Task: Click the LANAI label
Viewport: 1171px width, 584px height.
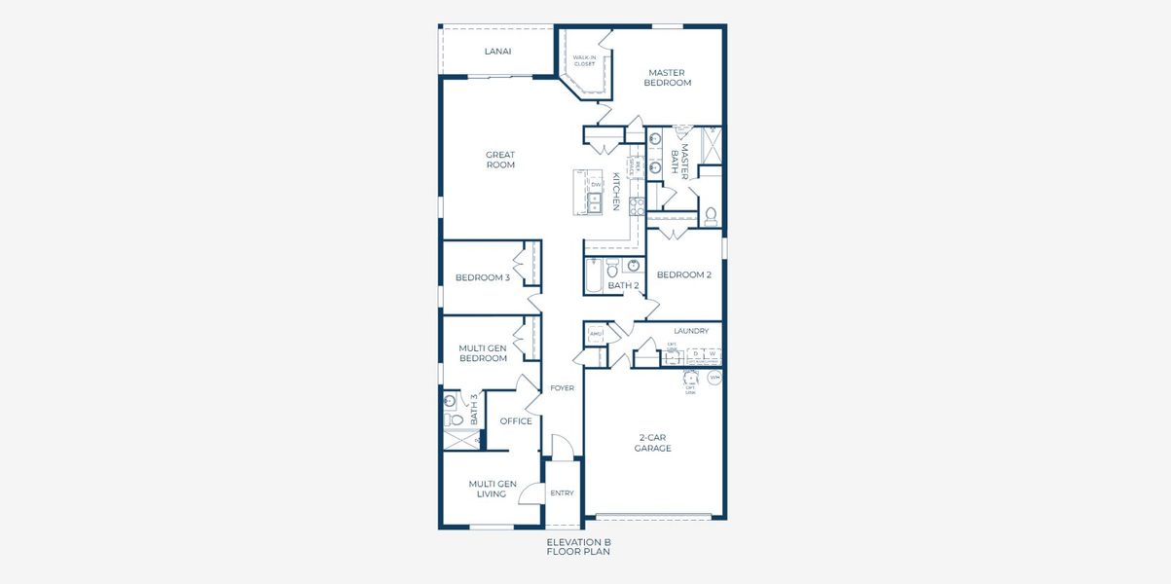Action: coord(497,52)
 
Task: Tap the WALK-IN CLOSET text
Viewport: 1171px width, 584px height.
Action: coord(584,61)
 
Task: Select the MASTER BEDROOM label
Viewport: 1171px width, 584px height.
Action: coord(667,78)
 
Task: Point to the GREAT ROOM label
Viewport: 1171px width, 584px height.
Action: coord(500,160)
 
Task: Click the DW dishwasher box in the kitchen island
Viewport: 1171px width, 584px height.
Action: coord(595,184)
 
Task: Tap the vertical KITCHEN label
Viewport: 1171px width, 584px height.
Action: coord(615,192)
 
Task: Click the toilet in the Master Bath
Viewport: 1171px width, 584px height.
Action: coord(711,214)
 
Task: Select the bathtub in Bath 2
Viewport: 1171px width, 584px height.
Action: coord(593,276)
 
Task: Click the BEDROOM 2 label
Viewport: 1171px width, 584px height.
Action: coord(683,274)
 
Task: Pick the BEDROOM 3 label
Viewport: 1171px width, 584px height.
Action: coord(482,277)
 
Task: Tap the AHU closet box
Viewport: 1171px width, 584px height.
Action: coord(596,335)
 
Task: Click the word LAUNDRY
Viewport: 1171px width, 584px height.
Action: coord(690,331)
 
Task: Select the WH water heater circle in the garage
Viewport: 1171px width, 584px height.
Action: coord(714,377)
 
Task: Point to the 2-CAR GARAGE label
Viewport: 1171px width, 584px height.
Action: coord(652,443)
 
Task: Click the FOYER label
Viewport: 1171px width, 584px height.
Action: coord(562,387)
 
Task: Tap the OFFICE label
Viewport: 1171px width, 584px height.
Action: coord(515,421)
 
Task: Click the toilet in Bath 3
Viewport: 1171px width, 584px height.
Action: coord(453,420)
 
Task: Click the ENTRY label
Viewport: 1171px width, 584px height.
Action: coord(562,493)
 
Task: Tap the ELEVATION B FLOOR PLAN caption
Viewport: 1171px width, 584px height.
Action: coord(578,546)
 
